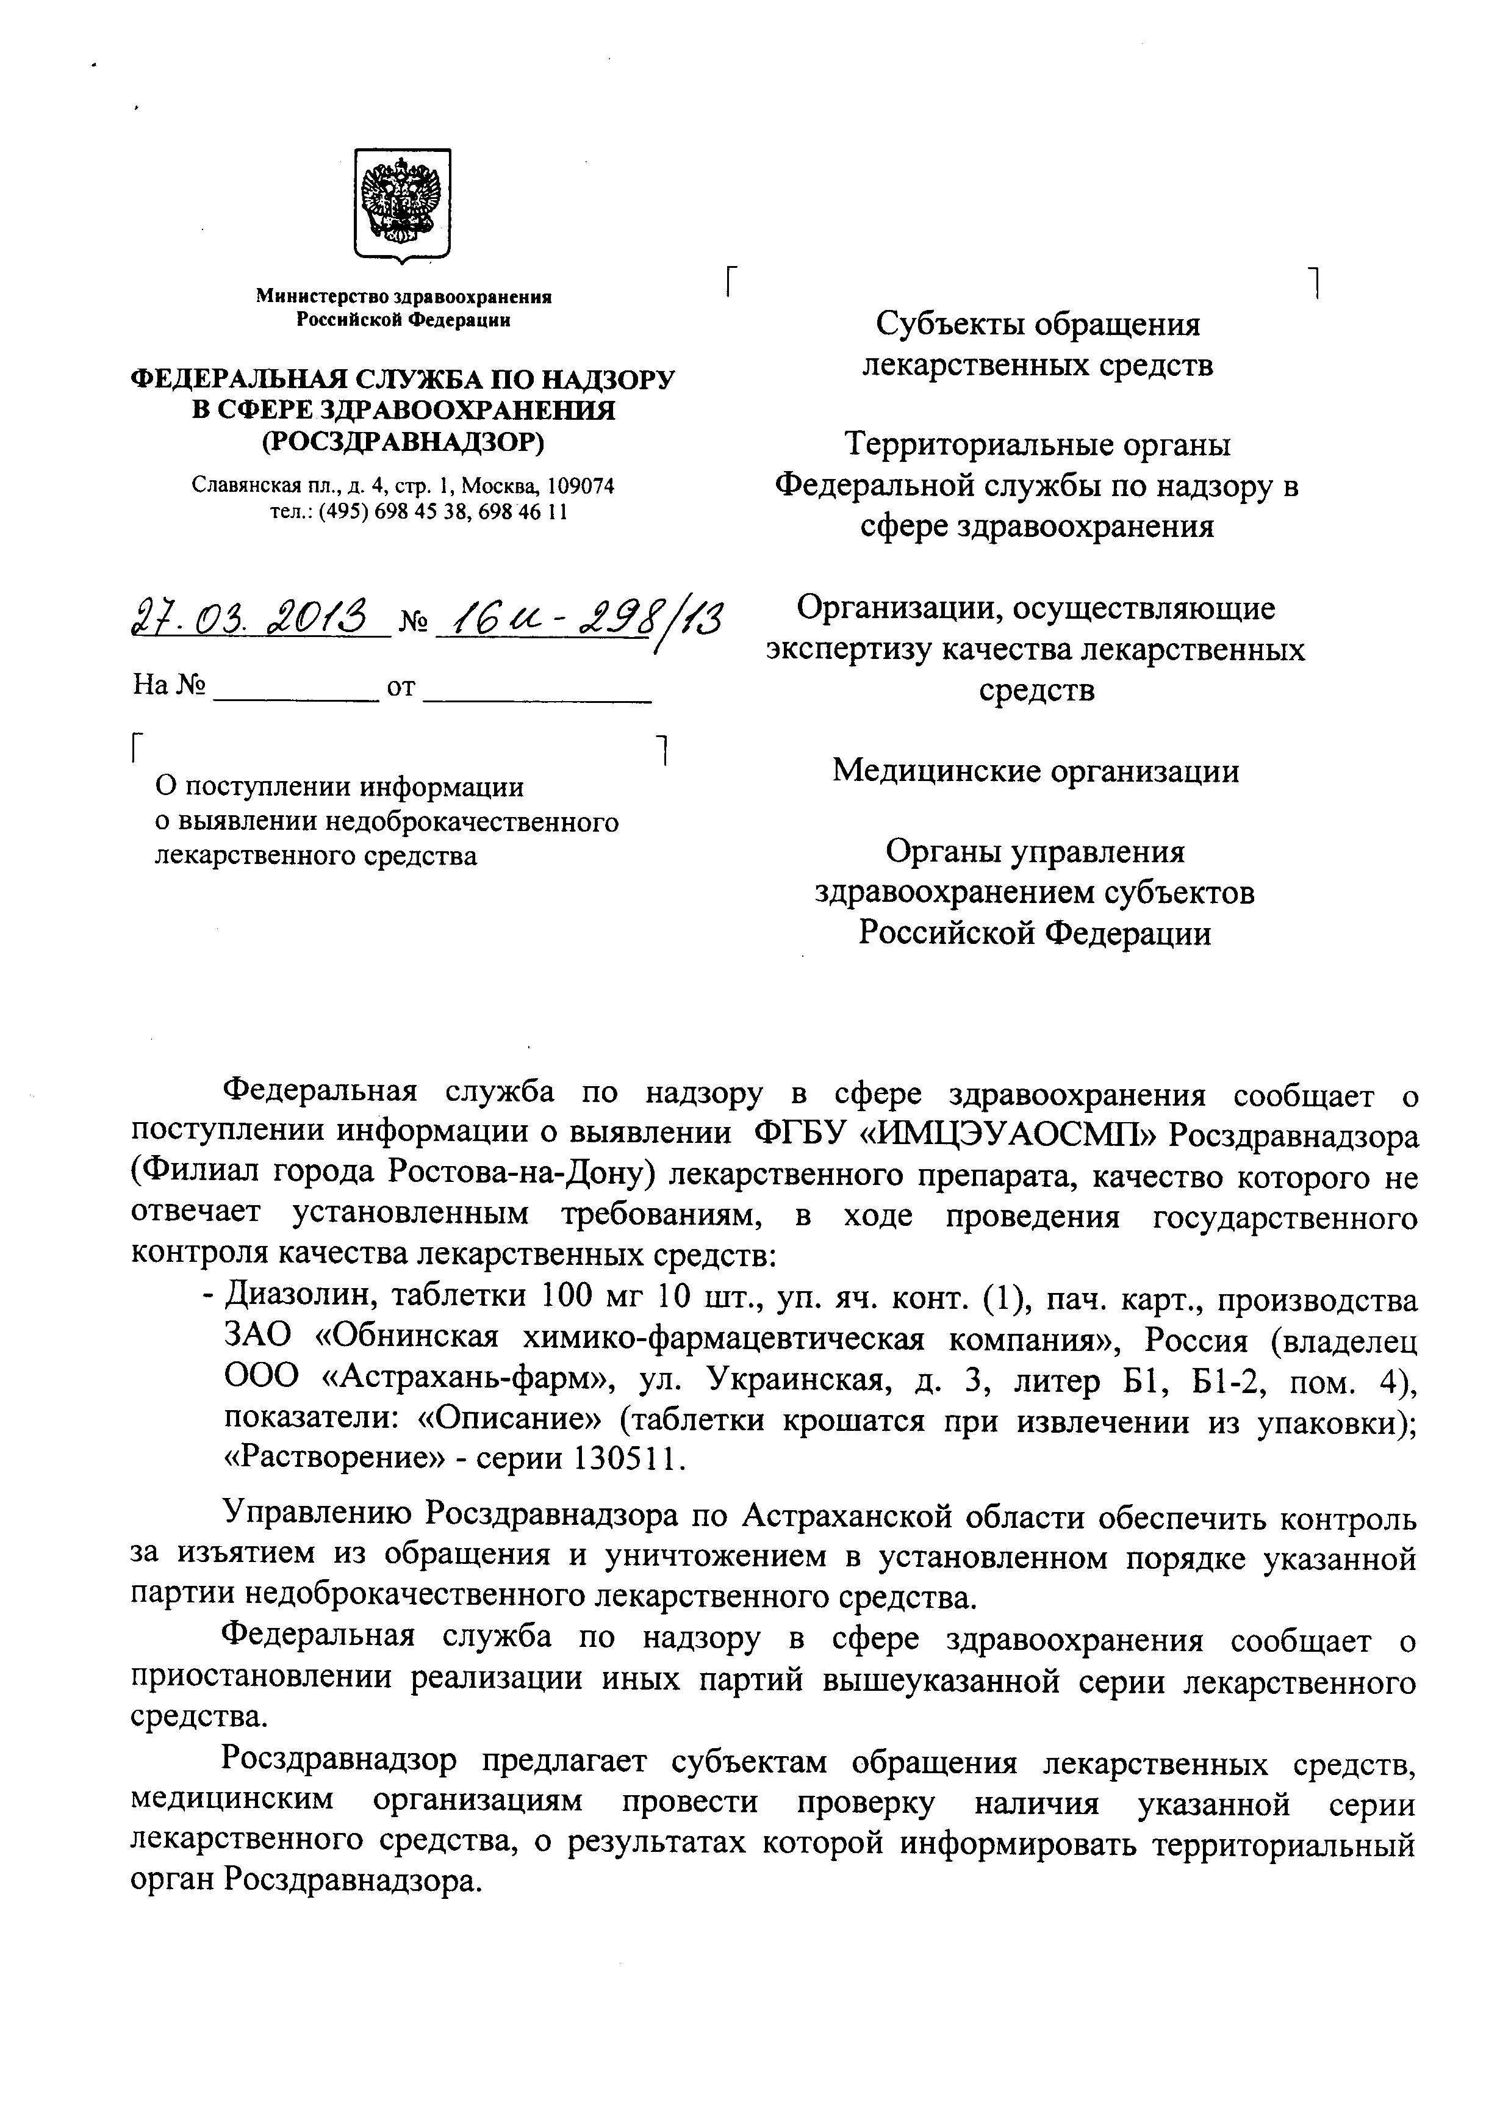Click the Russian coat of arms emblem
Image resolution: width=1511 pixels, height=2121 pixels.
pos(402,203)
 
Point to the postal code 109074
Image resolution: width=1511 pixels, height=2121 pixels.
pos(581,486)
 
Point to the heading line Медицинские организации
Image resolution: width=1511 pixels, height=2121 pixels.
pos(1036,771)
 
